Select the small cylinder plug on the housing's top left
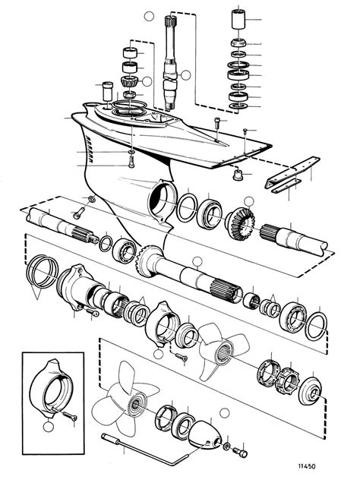pyautogui.click(x=96, y=92)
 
